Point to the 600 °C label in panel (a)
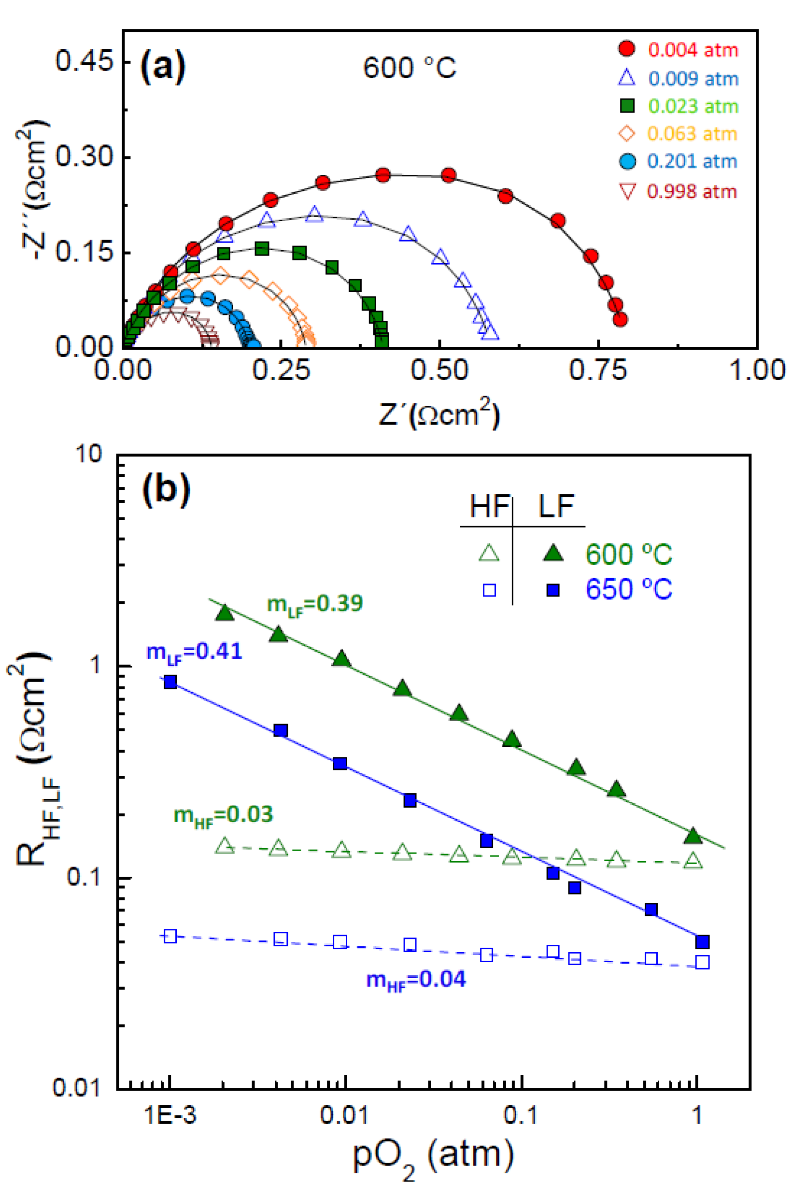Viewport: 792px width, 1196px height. click(409, 68)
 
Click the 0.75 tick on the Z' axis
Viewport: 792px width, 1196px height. click(598, 370)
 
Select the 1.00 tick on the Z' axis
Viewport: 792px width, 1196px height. click(757, 370)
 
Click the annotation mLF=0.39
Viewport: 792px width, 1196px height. click(315, 604)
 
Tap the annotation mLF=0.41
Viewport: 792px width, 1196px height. click(194, 652)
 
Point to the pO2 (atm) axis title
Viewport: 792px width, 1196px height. click(433, 1157)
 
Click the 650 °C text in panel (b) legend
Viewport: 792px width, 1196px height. click(629, 589)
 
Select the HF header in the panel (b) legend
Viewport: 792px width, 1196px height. click(488, 507)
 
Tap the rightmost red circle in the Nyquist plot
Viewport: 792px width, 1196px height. click(621, 319)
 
